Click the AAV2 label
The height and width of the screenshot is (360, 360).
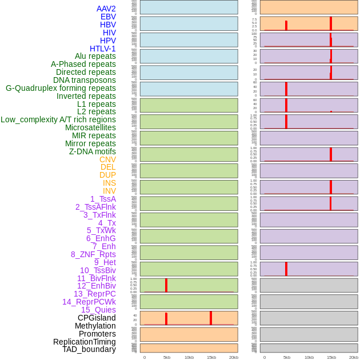[106, 9]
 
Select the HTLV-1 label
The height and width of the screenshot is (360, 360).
[102, 49]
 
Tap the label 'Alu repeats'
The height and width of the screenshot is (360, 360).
[95, 57]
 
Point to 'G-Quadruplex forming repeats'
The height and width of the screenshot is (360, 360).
[61, 89]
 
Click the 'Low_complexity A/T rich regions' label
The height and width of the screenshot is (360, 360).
[58, 119]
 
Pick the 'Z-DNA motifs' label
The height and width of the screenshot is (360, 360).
[92, 151]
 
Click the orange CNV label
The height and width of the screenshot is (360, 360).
[107, 159]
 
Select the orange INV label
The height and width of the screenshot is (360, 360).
[109, 191]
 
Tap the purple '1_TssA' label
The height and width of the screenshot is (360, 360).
[103, 199]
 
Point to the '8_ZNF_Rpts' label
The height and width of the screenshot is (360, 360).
[93, 254]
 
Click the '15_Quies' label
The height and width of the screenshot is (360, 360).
[98, 310]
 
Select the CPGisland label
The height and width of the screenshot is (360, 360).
[97, 318]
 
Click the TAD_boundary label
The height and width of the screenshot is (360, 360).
[89, 349]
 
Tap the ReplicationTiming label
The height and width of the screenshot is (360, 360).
[84, 342]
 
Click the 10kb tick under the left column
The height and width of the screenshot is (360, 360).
[189, 357]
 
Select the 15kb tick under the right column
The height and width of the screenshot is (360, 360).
[331, 357]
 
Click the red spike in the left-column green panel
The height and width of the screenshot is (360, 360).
[166, 285]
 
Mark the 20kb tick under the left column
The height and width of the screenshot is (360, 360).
[233, 357]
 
